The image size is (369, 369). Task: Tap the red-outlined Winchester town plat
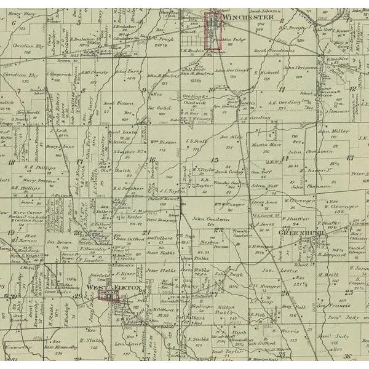[213, 30]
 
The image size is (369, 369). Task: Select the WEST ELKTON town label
[113, 288]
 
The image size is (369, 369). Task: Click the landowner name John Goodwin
[205, 218]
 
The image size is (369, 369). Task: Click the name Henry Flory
[21, 12]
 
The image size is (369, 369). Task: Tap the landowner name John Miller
[333, 130]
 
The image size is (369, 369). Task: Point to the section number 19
[12, 231]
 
